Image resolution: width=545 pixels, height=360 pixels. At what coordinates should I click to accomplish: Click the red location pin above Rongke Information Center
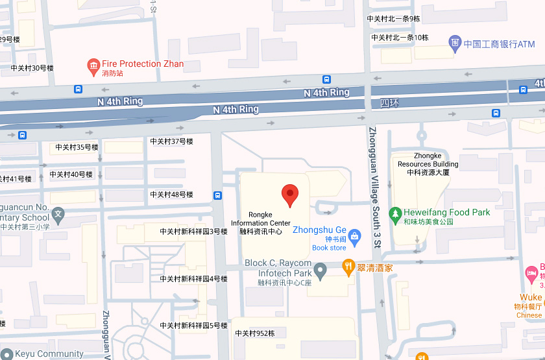(289, 194)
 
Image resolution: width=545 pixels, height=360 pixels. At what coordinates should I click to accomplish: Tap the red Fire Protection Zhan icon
(93, 66)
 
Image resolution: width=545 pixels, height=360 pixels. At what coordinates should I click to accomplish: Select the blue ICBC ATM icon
(456, 44)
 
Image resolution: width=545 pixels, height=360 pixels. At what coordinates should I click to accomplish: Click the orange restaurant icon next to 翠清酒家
(348, 266)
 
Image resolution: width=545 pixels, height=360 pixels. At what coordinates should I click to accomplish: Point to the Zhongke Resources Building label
(428, 164)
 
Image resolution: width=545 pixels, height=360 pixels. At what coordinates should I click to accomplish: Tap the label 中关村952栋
(255, 333)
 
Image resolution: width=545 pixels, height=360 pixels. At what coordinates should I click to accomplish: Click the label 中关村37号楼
(171, 141)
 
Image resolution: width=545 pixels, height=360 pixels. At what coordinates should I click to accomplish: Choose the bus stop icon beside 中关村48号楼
(218, 195)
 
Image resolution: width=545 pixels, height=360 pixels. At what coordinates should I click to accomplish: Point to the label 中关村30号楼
(32, 68)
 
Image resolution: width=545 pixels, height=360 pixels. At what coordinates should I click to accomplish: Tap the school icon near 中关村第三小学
(58, 213)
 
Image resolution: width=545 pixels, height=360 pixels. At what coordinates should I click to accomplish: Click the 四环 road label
(388, 103)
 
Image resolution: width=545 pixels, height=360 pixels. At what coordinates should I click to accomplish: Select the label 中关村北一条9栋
(394, 19)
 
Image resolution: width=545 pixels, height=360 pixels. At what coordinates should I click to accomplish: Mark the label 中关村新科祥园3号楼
(194, 232)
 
